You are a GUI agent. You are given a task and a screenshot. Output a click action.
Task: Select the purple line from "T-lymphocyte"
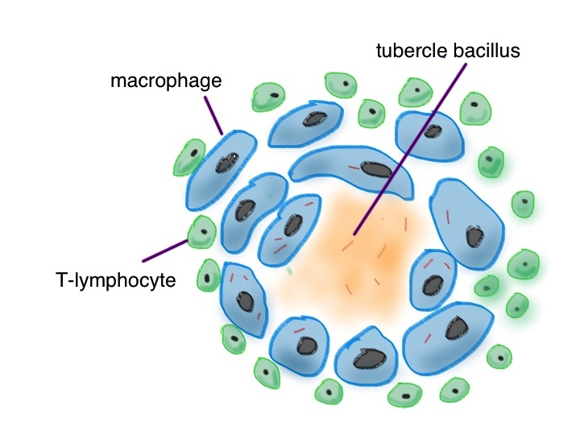[x=165, y=250]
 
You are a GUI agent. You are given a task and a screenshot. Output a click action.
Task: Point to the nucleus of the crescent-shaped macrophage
[x=376, y=170]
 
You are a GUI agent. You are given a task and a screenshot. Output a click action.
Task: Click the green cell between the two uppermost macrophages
[x=371, y=112]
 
